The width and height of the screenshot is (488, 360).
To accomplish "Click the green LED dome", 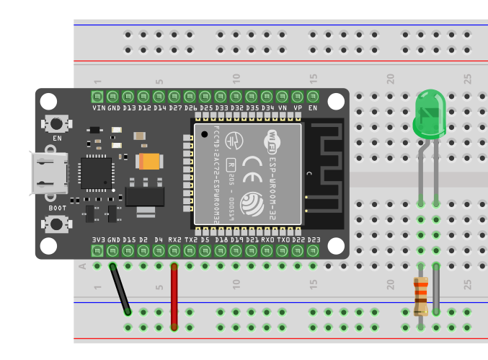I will coord(429,114).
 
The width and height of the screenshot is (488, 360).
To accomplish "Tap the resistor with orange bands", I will coord(420,296).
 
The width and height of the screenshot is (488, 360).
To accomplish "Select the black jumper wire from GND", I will coord(120,289).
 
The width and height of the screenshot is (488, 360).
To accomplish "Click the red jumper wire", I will coord(174,296).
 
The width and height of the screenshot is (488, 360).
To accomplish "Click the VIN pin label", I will coord(98,107).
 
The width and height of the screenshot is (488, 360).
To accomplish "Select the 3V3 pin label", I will coord(98,239).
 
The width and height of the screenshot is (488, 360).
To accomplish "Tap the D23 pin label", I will coord(313,239).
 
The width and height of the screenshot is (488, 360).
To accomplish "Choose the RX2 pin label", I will coord(174,239).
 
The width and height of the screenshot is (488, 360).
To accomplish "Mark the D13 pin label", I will coord(129,107).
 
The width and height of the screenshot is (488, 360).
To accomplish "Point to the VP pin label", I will coord(298,107).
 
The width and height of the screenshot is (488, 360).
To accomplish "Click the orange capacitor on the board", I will coord(149,162).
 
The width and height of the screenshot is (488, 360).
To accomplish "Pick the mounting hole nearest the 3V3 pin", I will coord(48,246).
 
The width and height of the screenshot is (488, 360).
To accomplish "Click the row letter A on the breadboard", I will coord(81,266).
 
